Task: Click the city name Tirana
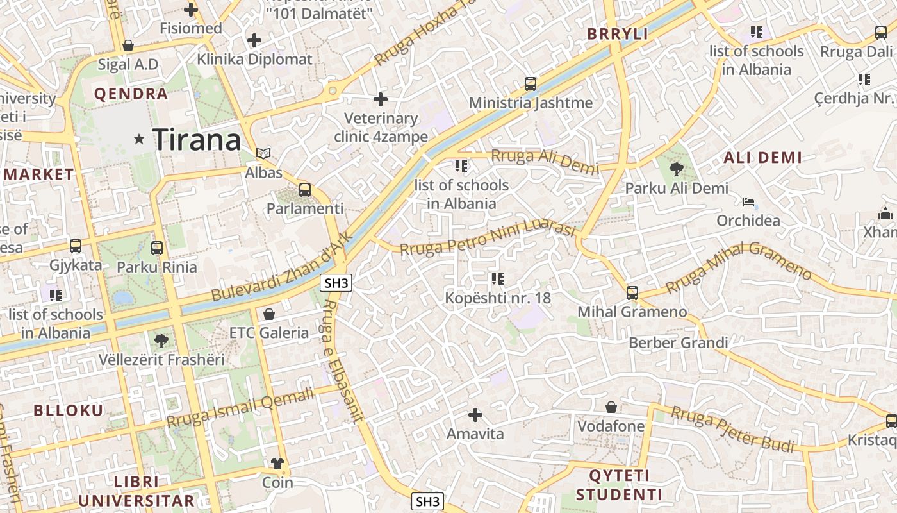point(197,140)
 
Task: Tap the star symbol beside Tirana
point(139,139)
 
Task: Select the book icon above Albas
point(263,153)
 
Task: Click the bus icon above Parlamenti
point(305,189)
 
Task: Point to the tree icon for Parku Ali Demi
point(676,169)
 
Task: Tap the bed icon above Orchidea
point(748,202)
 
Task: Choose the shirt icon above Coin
point(277,463)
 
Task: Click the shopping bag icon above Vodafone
point(611,407)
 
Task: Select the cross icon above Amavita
point(475,415)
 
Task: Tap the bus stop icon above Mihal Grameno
point(632,293)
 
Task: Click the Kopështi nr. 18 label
point(498,298)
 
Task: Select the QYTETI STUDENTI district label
point(619,485)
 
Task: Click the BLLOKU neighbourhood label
point(68,410)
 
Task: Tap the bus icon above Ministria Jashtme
point(531,83)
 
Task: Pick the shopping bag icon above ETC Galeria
point(269,314)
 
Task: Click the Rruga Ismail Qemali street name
point(241,408)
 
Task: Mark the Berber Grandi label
point(678,342)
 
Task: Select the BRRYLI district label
point(618,35)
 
